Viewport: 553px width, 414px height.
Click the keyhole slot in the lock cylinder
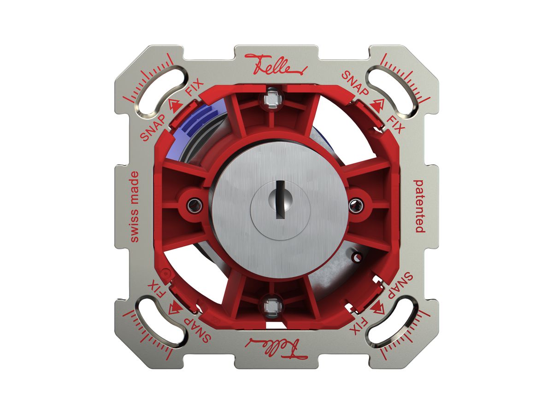click(280, 199)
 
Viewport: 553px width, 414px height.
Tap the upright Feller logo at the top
click(276, 64)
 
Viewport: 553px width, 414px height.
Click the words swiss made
click(135, 207)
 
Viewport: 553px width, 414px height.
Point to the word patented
click(419, 206)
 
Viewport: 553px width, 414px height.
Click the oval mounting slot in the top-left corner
click(160, 91)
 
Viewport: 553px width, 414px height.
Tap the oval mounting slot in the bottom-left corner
click(160, 322)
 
